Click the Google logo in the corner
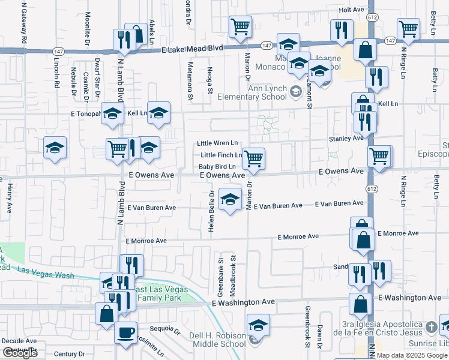pos(20,353)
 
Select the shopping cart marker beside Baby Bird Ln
pos(254,158)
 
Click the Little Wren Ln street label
pos(217,143)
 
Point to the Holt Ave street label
pos(352,10)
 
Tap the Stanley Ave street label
pos(346,138)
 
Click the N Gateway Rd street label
pos(25,23)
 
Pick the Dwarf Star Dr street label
pos(97,77)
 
